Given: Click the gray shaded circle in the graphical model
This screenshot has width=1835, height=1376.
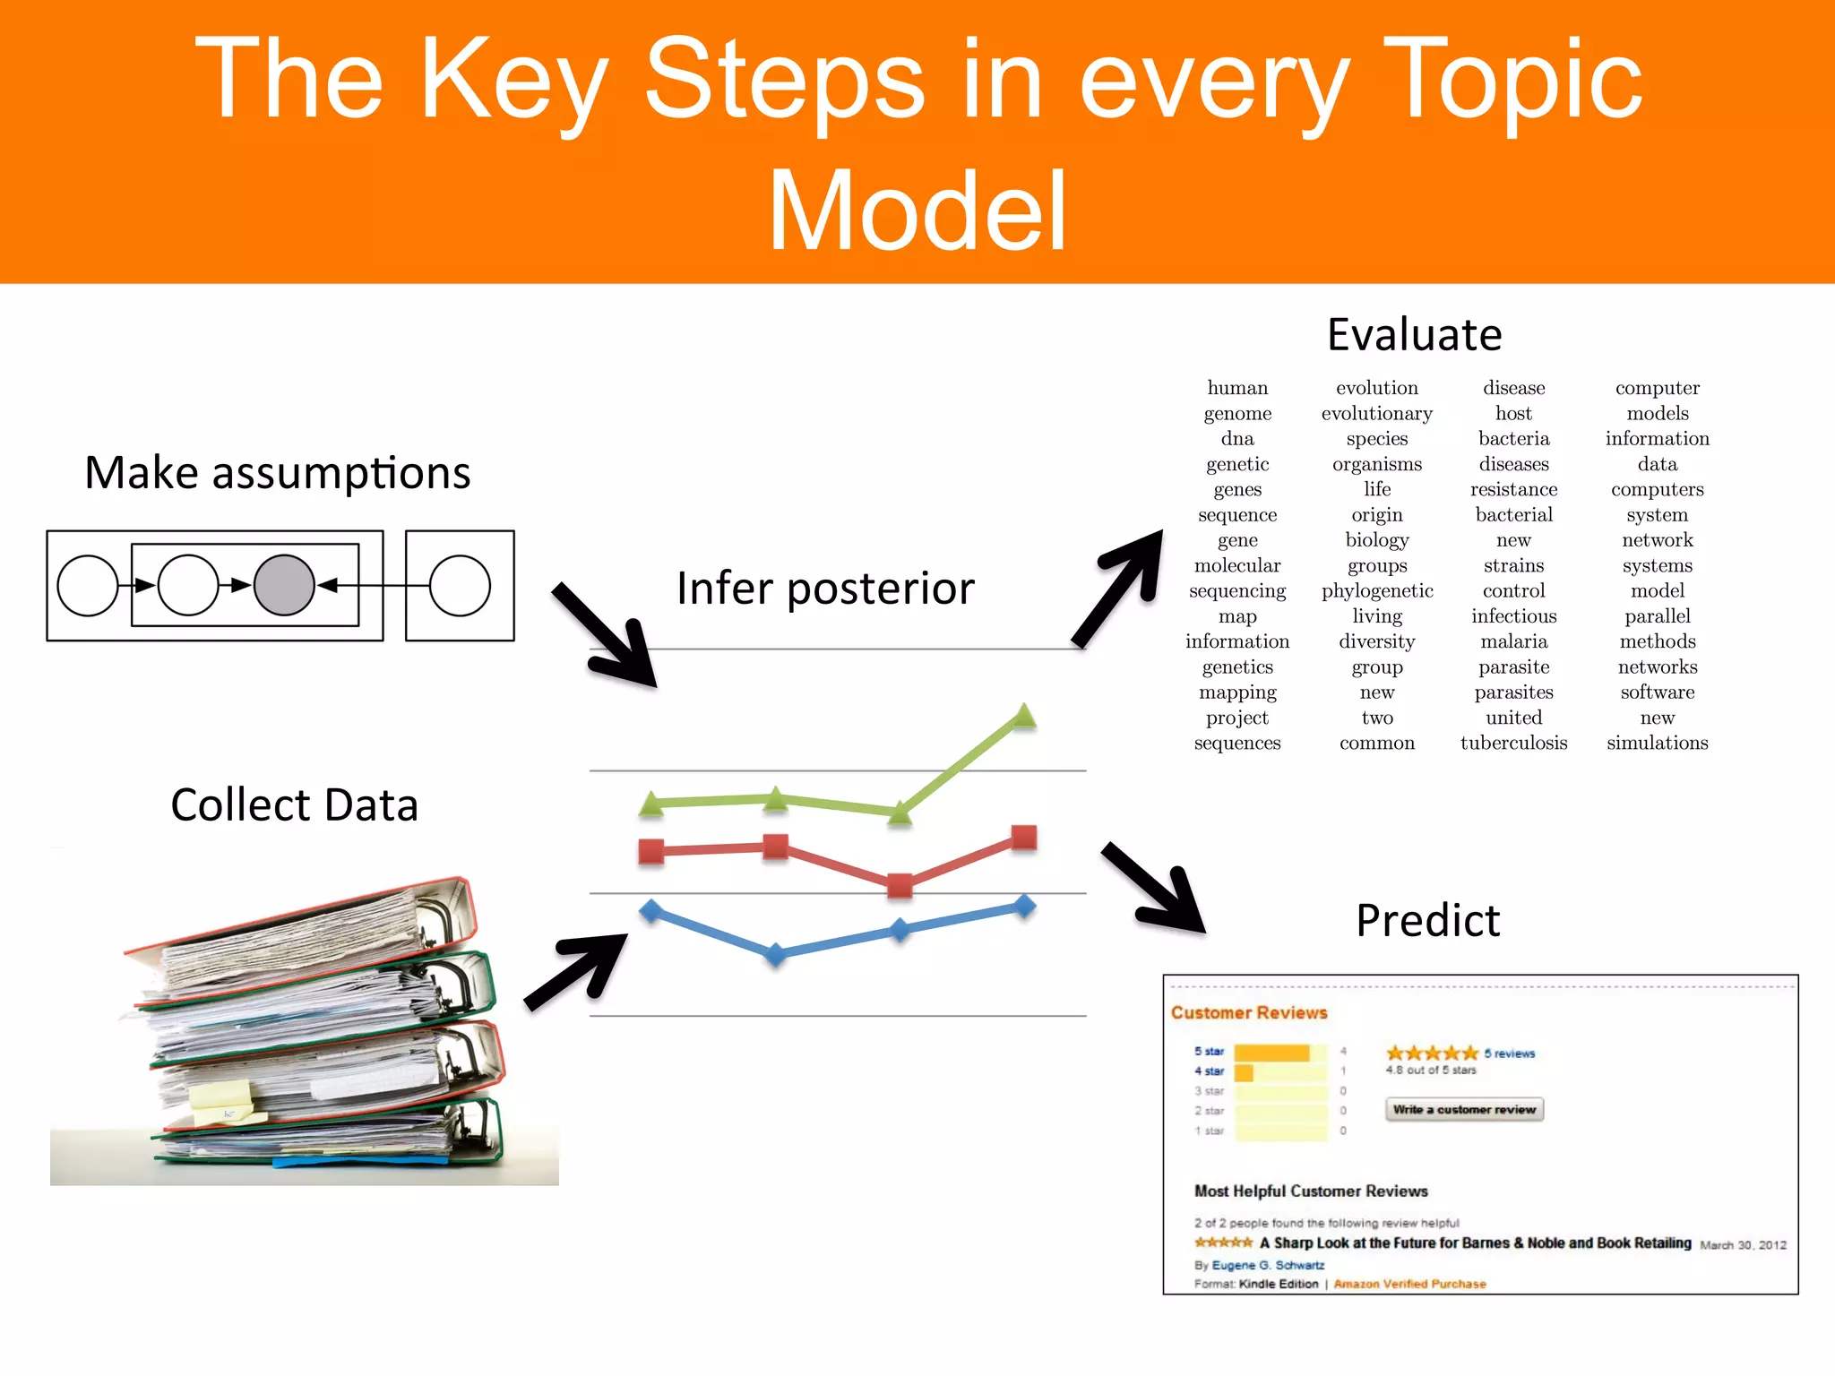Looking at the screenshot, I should tap(284, 585).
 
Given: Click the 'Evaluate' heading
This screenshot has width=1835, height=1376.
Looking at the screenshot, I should tap(1414, 335).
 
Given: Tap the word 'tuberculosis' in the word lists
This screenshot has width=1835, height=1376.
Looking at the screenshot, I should tap(1513, 743).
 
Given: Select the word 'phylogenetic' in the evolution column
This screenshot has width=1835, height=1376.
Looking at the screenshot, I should tap(1377, 591).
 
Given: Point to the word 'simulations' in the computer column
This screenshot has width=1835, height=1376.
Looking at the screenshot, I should tap(1657, 743).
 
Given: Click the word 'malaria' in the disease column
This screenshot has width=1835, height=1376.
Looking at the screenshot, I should tap(1513, 641).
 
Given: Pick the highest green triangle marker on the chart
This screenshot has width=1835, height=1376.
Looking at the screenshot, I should tap(1023, 716).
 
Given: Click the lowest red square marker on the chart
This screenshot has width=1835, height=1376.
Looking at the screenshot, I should tap(899, 886).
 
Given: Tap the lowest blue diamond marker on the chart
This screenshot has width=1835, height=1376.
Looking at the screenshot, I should tap(776, 954).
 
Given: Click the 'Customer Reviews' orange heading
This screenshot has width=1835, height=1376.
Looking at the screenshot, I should tap(1249, 1012).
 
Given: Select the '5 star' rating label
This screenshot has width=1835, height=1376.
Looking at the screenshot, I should tap(1209, 1051).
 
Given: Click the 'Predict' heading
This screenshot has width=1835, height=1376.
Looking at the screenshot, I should tap(1427, 921).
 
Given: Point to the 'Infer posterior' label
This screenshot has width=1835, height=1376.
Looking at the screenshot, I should tap(825, 589).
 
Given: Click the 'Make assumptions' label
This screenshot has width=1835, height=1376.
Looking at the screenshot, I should tap(277, 473).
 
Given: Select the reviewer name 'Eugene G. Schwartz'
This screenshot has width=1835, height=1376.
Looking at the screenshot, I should tap(1268, 1265).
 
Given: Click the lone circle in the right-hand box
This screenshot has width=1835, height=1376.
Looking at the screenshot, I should tap(460, 585).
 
